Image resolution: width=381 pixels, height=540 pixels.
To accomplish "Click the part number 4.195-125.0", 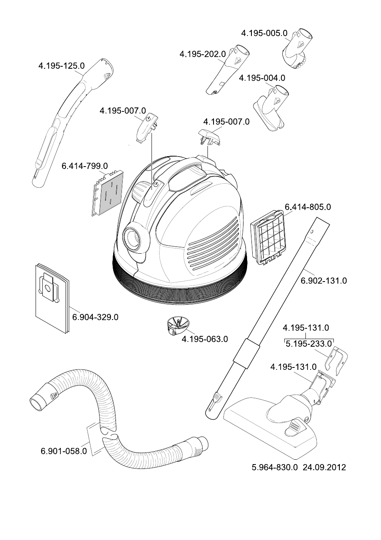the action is click(x=62, y=66).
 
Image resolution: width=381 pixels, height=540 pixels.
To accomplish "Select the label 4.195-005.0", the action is click(x=264, y=33).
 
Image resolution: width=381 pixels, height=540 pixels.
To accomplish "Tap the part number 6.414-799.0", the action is click(x=85, y=166).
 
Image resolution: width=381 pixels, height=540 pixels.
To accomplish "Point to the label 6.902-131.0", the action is click(x=323, y=281).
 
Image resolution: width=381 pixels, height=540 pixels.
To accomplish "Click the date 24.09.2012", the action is click(x=324, y=467).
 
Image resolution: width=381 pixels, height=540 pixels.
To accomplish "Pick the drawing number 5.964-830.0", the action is click(x=275, y=467).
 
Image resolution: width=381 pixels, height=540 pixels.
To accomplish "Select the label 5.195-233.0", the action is click(x=309, y=344).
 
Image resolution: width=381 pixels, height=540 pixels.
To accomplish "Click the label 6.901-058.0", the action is click(x=64, y=451).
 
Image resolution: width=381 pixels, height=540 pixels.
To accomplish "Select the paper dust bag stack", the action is click(x=52, y=298).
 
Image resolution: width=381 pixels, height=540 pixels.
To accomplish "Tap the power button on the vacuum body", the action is click(x=156, y=184).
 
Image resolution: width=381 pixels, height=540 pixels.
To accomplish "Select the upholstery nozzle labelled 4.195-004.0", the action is click(x=271, y=107).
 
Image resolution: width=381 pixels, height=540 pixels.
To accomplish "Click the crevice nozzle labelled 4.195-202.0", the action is click(x=228, y=69).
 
